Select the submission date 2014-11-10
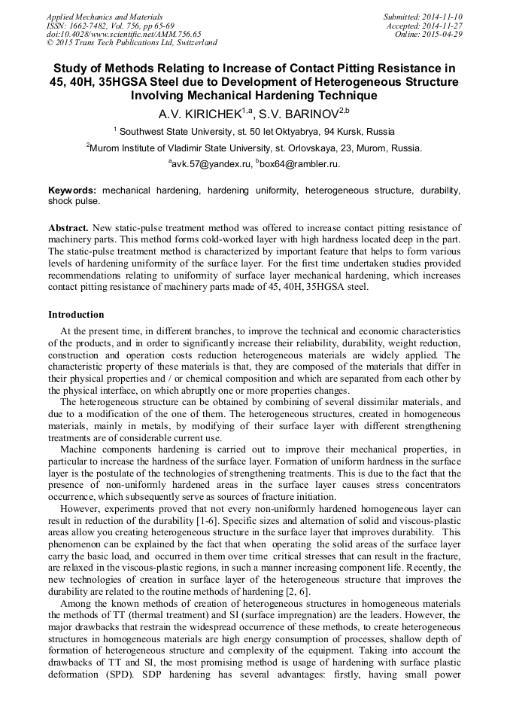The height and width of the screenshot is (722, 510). point(442,16)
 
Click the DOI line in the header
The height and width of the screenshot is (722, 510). point(124,34)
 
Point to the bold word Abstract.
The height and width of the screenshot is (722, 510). point(68,227)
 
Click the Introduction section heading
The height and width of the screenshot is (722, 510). point(76,314)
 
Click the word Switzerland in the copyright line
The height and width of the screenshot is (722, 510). point(192,43)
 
